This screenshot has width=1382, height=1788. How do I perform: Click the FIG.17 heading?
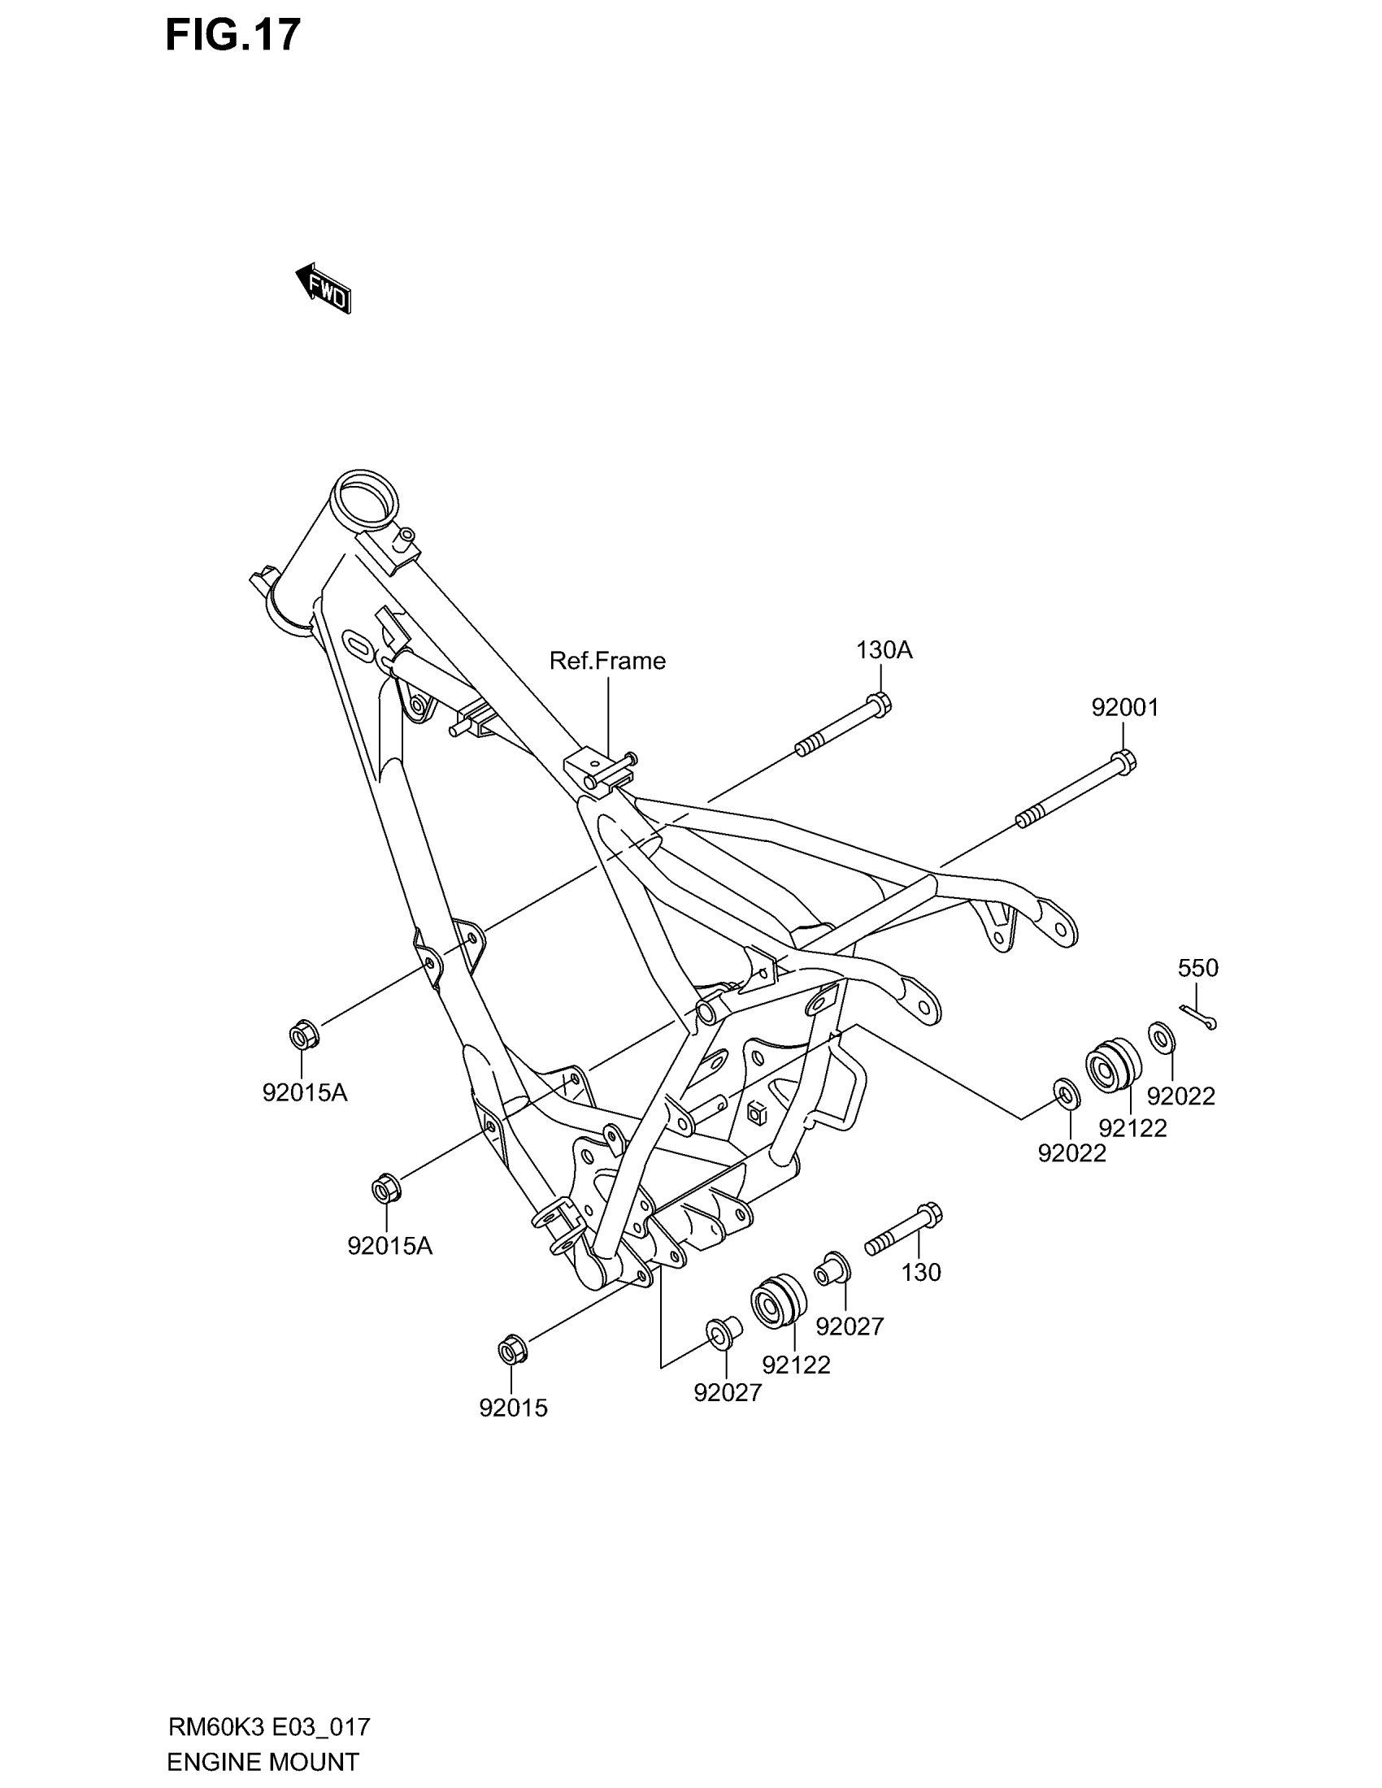[x=233, y=36]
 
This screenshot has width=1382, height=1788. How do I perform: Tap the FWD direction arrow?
[x=324, y=289]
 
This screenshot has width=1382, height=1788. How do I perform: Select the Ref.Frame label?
[x=606, y=661]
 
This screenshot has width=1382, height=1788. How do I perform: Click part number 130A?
[x=884, y=650]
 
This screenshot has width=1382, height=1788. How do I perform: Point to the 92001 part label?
[x=1124, y=707]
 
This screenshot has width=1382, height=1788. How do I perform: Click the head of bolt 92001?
[x=1123, y=762]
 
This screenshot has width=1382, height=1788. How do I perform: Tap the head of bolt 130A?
[x=879, y=704]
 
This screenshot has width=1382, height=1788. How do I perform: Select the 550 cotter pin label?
[x=1197, y=968]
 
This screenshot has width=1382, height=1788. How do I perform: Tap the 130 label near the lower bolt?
[x=921, y=1272]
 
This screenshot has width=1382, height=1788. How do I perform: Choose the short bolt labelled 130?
[x=904, y=1228]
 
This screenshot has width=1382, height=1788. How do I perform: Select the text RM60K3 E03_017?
[x=269, y=1727]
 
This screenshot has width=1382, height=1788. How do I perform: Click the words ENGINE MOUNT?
[x=263, y=1762]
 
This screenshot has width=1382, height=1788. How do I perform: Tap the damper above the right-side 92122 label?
[x=1113, y=1065]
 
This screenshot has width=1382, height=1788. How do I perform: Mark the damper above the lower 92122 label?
[x=778, y=1300]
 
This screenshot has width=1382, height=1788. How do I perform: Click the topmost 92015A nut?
[x=304, y=1035]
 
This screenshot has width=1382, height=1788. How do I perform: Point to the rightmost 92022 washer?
[x=1162, y=1037]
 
